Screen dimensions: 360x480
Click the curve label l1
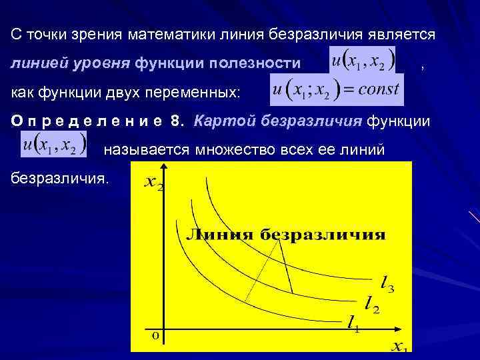pyautogui.click(x=353, y=323)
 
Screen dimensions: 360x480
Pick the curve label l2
pyautogui.click(x=372, y=306)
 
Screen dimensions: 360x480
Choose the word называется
pyautogui.click(x=145, y=151)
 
